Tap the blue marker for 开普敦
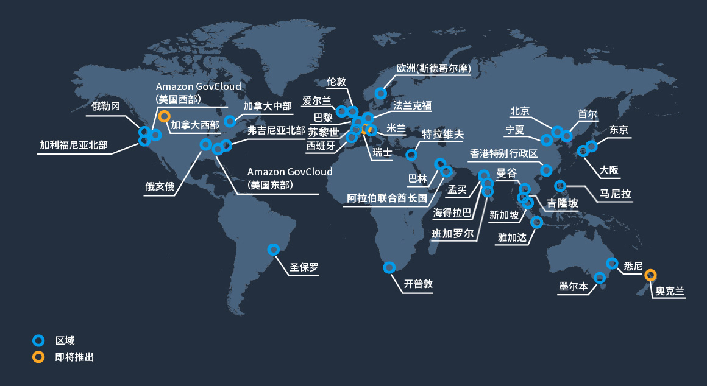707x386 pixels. [x=389, y=267]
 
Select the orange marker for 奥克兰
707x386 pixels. [x=650, y=275]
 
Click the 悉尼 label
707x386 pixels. [x=633, y=267]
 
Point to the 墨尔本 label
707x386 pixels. [x=574, y=287]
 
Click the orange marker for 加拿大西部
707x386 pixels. [x=164, y=116]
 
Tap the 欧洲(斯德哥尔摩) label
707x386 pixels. [x=433, y=68]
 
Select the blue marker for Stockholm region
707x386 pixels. [x=380, y=93]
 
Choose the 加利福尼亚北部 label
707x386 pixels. [x=73, y=145]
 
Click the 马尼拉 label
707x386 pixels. [x=615, y=194]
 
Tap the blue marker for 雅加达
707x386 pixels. [x=536, y=222]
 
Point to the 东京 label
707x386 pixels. [x=619, y=130]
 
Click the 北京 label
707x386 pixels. [x=520, y=111]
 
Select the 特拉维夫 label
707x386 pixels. [x=443, y=134]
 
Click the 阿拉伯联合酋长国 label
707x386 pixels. [x=386, y=198]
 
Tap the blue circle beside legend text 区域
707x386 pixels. [x=38, y=340]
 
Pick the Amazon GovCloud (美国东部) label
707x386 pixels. [x=290, y=178]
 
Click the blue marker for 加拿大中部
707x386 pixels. [x=230, y=121]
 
